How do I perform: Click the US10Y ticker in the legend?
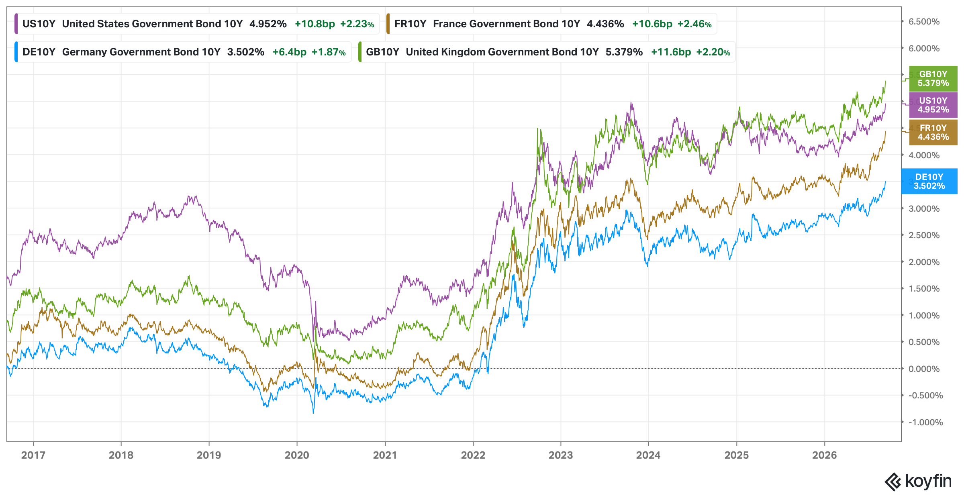click(39, 24)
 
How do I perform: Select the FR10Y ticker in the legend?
click(410, 24)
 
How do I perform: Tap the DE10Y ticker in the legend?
click(39, 52)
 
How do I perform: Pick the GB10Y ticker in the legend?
click(382, 52)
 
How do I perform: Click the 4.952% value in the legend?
click(268, 24)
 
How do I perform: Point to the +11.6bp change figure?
click(671, 52)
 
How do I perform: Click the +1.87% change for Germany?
click(329, 52)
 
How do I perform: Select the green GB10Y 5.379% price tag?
click(933, 79)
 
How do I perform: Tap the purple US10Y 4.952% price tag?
click(933, 105)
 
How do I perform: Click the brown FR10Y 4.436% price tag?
click(933, 133)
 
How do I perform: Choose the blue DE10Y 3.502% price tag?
click(929, 182)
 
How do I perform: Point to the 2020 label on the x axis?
click(297, 455)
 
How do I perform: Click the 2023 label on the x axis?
click(561, 455)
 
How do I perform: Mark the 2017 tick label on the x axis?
click(33, 455)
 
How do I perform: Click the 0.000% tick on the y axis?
click(924, 369)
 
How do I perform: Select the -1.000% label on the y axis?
click(926, 422)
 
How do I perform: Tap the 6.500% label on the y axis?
click(924, 22)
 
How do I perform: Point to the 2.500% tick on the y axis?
click(924, 235)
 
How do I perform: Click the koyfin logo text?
click(928, 481)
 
